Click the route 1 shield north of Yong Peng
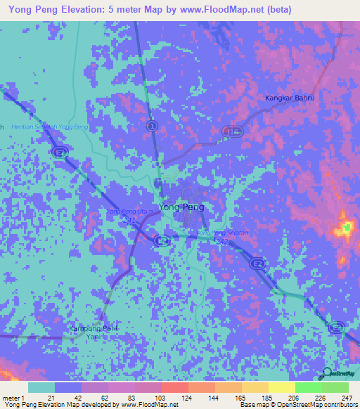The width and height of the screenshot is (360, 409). [x=151, y=125]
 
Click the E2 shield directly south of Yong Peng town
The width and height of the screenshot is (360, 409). [x=163, y=240]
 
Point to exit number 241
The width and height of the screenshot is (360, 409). [x=127, y=219]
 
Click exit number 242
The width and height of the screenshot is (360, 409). [x=221, y=241]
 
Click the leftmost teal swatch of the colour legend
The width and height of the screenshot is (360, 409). [x=42, y=387]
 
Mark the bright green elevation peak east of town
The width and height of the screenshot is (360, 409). [x=346, y=228]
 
